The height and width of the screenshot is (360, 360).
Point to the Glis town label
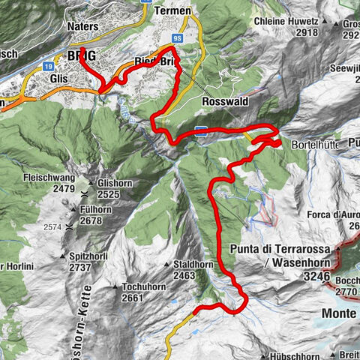(58, 77)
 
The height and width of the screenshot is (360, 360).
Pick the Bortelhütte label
(309, 142)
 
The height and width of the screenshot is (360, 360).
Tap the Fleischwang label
(49, 178)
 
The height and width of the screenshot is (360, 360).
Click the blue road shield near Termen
(177, 36)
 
